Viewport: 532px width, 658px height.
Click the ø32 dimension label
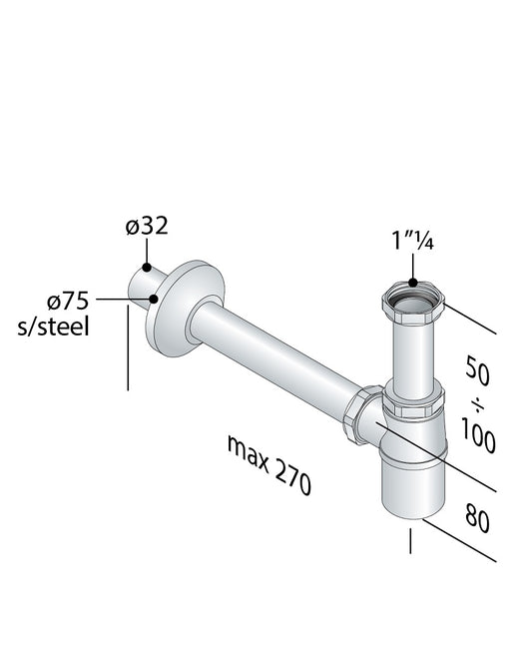point(147,227)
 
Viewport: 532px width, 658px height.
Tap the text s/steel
point(58,327)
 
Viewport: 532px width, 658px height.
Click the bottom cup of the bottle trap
point(411,484)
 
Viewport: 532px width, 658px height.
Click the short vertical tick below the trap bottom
point(410,542)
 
